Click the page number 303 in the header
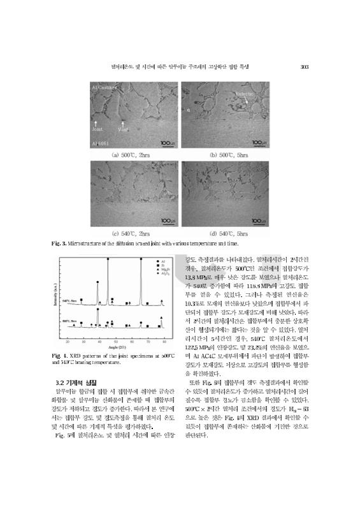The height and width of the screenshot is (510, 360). pyautogui.click(x=305, y=66)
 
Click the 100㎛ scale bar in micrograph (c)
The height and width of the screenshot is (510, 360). pyautogui.click(x=166, y=221)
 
